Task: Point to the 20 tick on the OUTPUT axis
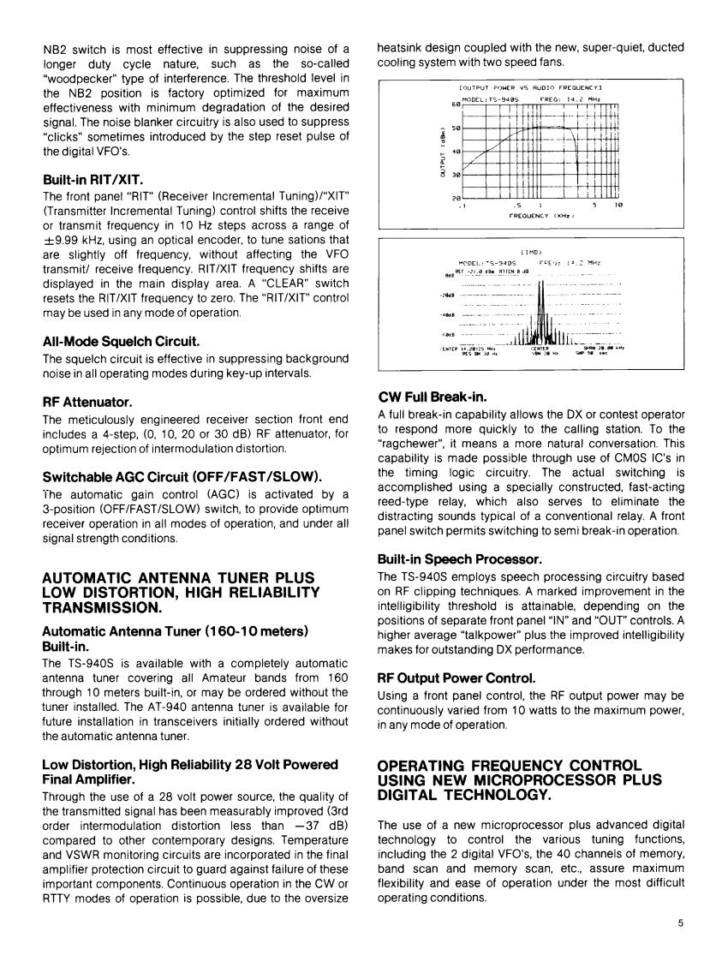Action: point(456,198)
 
